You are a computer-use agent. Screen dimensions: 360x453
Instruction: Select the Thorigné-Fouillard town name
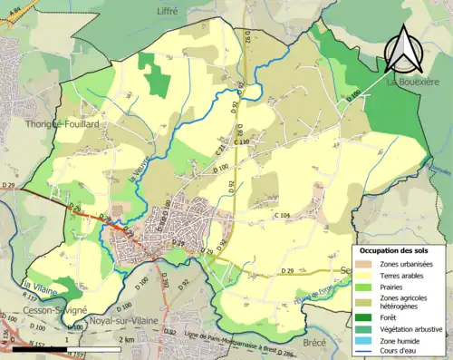point(63,122)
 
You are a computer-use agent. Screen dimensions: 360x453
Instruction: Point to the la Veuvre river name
point(139,168)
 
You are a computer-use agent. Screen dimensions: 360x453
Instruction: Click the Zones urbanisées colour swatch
point(366,263)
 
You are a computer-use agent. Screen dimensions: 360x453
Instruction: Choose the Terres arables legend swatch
point(366,276)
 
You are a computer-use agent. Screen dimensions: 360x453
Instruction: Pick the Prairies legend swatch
point(366,288)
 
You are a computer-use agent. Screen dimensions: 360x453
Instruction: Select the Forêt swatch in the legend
point(366,316)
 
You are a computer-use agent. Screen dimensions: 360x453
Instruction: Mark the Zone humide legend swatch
point(366,340)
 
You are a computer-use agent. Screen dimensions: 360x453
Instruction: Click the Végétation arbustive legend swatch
point(366,328)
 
